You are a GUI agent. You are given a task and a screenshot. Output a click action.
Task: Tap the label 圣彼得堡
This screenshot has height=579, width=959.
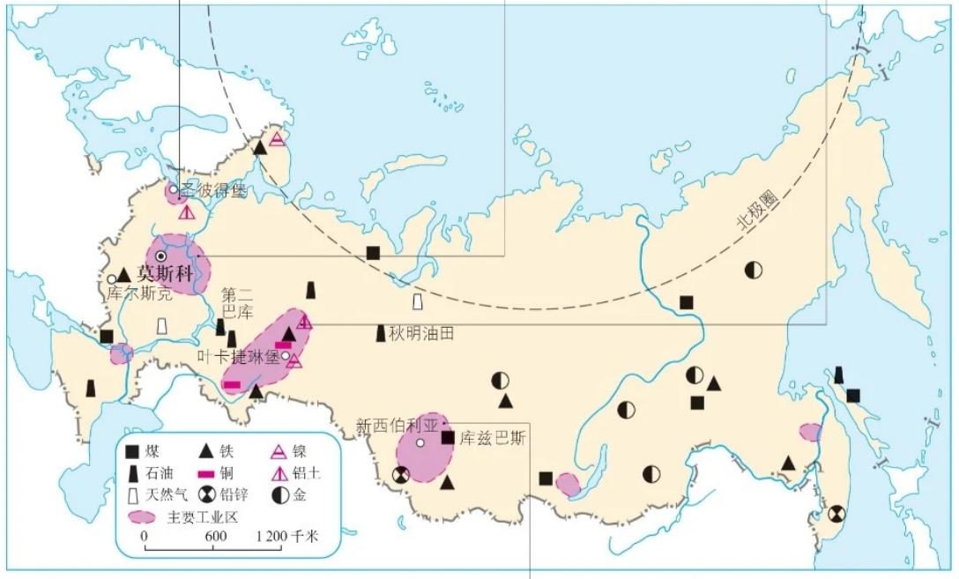point(217,190)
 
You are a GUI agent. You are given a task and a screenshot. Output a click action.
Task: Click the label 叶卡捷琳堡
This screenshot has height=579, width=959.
point(237,357)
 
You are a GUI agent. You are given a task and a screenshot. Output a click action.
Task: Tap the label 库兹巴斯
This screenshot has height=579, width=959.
point(492,437)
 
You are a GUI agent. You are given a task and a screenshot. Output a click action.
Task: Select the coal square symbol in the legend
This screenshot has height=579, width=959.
point(132,452)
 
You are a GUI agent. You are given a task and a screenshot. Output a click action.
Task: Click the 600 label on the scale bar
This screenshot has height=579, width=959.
point(216,536)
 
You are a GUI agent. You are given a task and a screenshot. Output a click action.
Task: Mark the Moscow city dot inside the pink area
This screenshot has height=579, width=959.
point(161,256)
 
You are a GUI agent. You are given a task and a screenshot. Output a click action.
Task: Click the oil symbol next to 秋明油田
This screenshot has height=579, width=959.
point(381,333)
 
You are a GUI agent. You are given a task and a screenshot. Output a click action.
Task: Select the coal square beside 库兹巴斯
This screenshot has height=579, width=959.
point(448,437)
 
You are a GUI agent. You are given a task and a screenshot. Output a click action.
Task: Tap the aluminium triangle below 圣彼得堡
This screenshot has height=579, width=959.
point(186,212)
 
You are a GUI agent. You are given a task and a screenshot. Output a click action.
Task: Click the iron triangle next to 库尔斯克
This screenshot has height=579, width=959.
point(124,274)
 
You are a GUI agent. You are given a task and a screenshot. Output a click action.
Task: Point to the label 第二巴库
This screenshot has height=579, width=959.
point(237,303)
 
